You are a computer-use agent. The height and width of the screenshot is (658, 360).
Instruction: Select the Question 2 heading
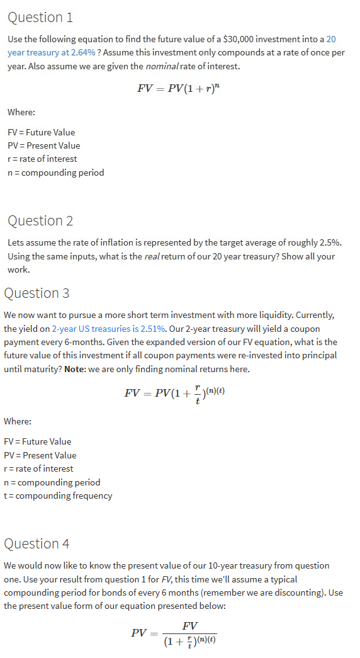pyautogui.click(x=41, y=220)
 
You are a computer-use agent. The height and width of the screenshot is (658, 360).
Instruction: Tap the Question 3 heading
pyautogui.click(x=37, y=293)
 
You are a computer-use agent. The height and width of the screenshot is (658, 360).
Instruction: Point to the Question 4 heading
pyautogui.click(x=37, y=543)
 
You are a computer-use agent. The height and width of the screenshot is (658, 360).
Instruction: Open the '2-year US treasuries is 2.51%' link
pyautogui.click(x=108, y=329)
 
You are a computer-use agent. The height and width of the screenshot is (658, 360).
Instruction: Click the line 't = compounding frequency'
pyautogui.click(x=58, y=496)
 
